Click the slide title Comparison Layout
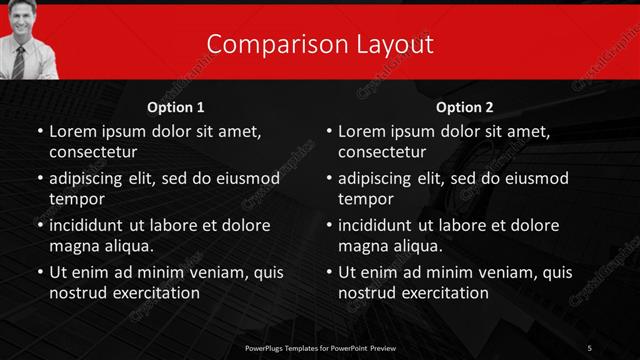320,44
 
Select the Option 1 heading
176,107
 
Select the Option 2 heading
465,107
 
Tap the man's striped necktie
18,61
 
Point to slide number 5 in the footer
590,347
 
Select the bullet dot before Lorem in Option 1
39,132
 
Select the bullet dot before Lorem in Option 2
328,132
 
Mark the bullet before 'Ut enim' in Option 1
39,272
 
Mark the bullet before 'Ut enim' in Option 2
328,272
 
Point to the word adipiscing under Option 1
89,179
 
